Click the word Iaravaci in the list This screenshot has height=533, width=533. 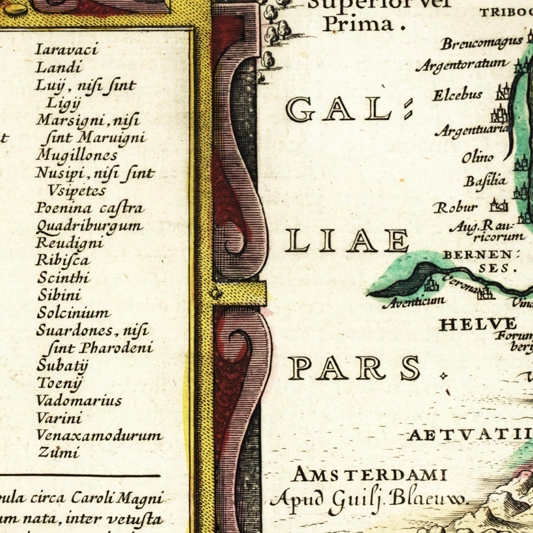[x=67, y=49]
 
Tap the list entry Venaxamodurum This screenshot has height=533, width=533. [x=99, y=436]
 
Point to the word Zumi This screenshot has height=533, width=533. [x=59, y=453]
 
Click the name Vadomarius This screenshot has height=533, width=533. [x=79, y=401]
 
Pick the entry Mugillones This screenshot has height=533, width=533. [x=77, y=155]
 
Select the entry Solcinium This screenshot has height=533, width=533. [x=74, y=313]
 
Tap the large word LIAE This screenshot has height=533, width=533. [x=347, y=240]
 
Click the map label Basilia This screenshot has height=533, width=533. [x=485, y=181]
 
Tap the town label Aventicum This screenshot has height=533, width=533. [x=414, y=302]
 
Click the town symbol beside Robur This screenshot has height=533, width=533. [x=499, y=205]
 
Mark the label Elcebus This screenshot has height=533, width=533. [x=457, y=95]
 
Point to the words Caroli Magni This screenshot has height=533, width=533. [x=117, y=498]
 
